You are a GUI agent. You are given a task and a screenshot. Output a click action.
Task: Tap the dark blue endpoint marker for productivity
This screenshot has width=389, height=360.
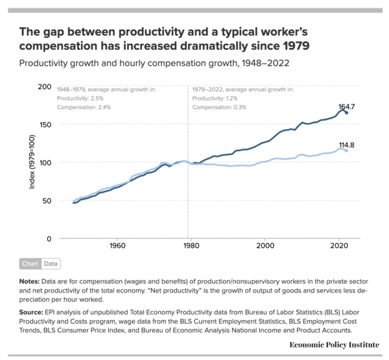(x=346, y=113)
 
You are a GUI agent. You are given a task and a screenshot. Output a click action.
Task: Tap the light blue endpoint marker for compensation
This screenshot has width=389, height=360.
(x=346, y=150)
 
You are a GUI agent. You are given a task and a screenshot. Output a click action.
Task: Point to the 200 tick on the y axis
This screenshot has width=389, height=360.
(x=44, y=87)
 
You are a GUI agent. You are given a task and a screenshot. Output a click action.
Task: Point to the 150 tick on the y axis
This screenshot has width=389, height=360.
(x=44, y=125)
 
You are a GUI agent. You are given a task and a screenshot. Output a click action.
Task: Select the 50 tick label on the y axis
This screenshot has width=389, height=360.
(x=46, y=200)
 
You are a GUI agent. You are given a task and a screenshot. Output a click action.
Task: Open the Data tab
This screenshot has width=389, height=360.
(x=50, y=264)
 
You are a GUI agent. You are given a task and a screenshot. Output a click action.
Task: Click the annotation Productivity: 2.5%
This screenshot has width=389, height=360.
(x=80, y=98)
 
